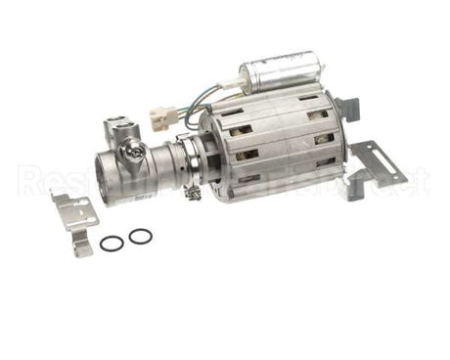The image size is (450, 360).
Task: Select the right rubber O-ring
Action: (140, 235)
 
